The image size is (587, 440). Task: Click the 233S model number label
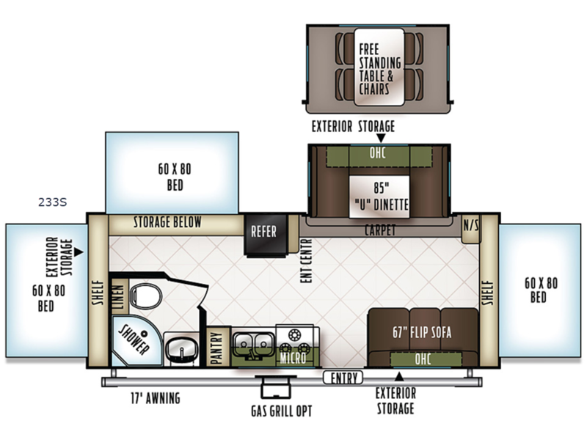[52, 202]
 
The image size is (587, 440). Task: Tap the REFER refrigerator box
[266, 235]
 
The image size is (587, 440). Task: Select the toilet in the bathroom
[146, 296]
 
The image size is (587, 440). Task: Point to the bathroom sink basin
[181, 348]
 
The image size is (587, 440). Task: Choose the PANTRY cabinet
[217, 346]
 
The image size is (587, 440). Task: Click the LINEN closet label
[118, 297]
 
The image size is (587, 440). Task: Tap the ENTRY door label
[343, 378]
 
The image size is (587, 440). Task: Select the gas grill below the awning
[276, 387]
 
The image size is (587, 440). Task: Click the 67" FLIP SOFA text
[422, 332]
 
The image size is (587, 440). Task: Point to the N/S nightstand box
[471, 229]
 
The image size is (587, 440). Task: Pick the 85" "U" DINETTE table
[379, 197]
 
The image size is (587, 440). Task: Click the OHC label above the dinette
[377, 153]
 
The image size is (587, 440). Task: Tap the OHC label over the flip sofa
[423, 359]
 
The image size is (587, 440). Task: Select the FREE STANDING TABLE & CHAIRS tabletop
[379, 67]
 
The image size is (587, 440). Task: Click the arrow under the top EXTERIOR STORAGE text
[381, 139]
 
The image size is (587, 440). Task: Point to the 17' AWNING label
[156, 397]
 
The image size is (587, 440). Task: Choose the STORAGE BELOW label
[167, 222]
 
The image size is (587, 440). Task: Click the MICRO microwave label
[293, 358]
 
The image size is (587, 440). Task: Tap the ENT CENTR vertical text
[306, 261]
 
